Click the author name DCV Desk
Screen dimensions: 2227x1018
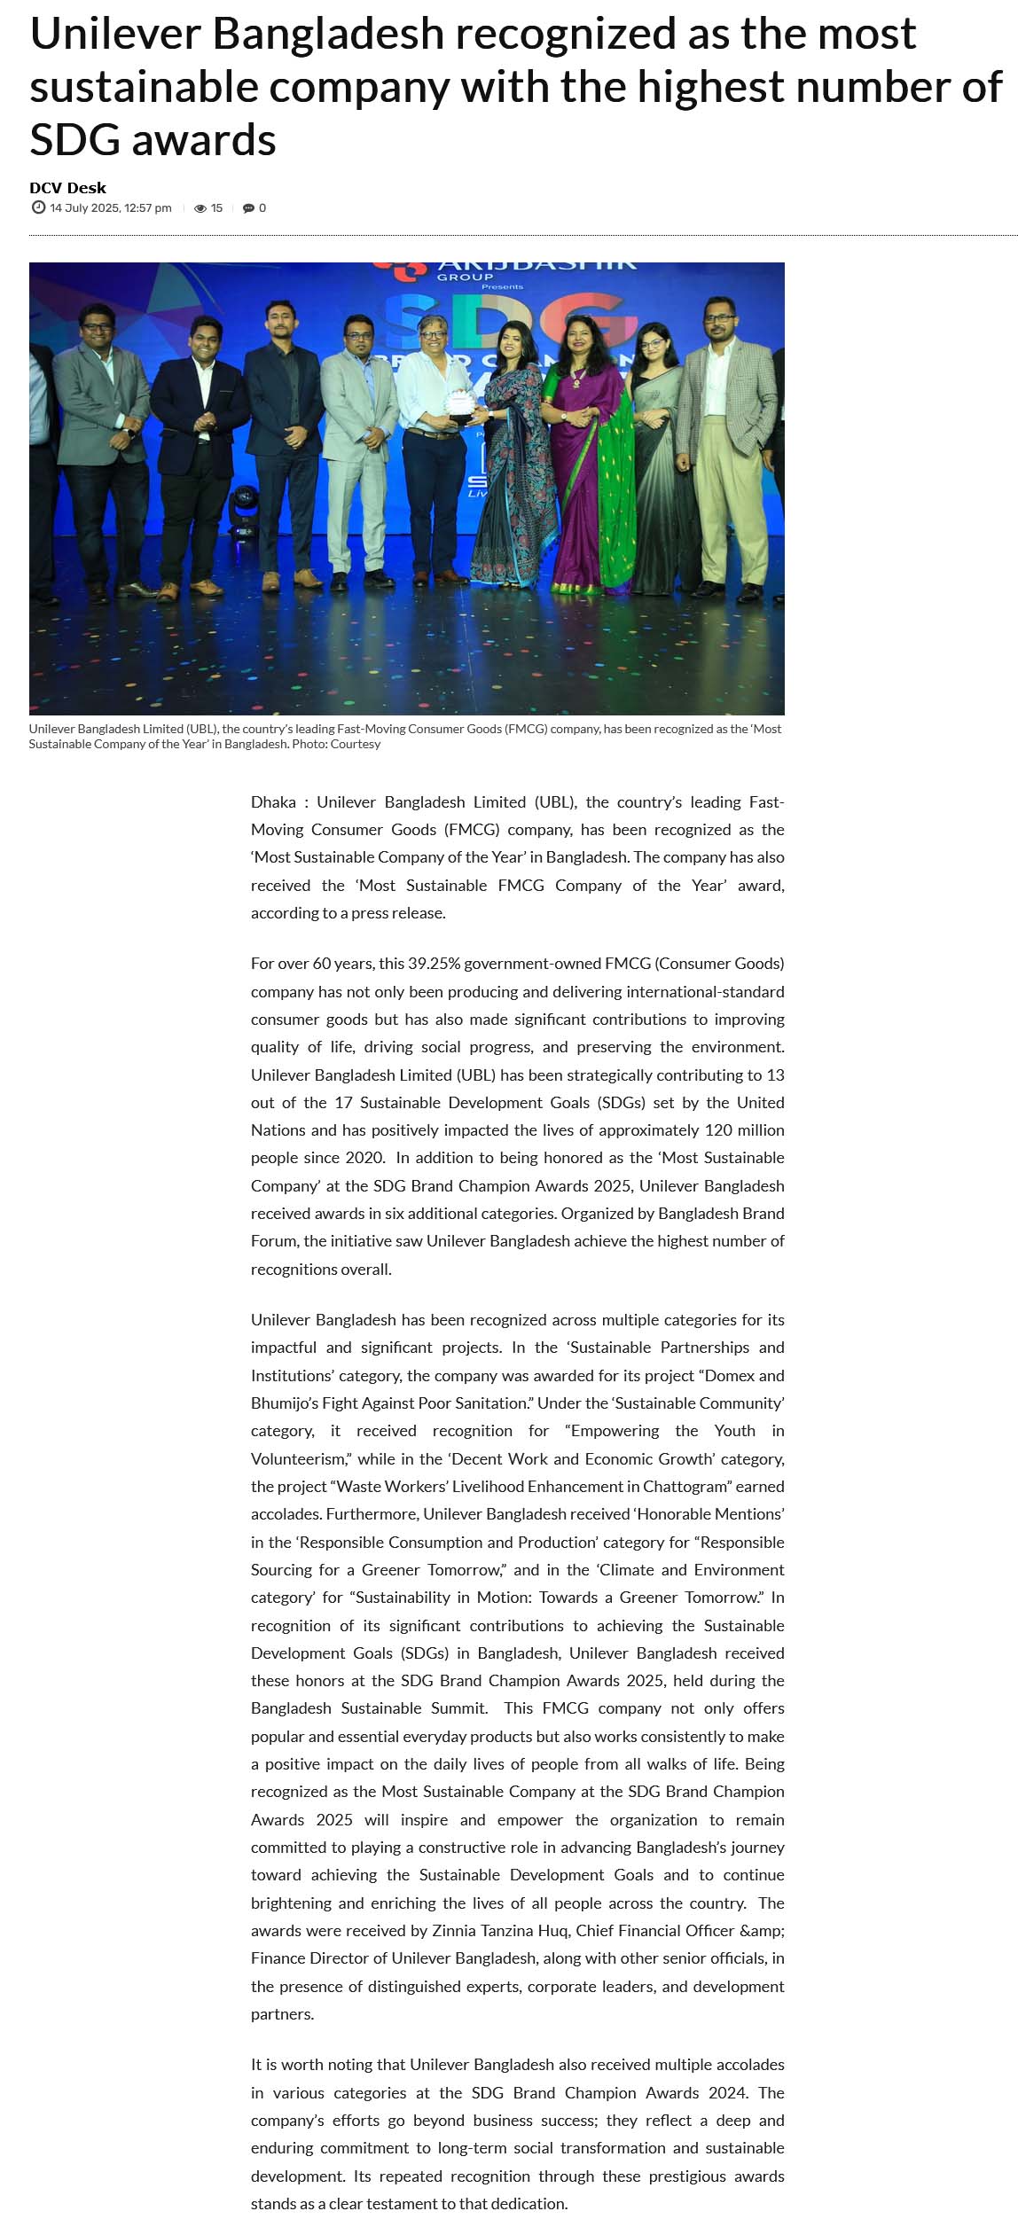click(67, 188)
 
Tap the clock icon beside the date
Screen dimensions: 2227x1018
click(38, 207)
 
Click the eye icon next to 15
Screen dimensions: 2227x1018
click(200, 208)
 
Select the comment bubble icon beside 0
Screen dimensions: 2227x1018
click(248, 208)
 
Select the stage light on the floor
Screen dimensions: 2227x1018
click(241, 512)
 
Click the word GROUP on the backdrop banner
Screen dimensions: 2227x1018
click(465, 277)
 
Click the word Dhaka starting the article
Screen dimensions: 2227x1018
click(273, 802)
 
